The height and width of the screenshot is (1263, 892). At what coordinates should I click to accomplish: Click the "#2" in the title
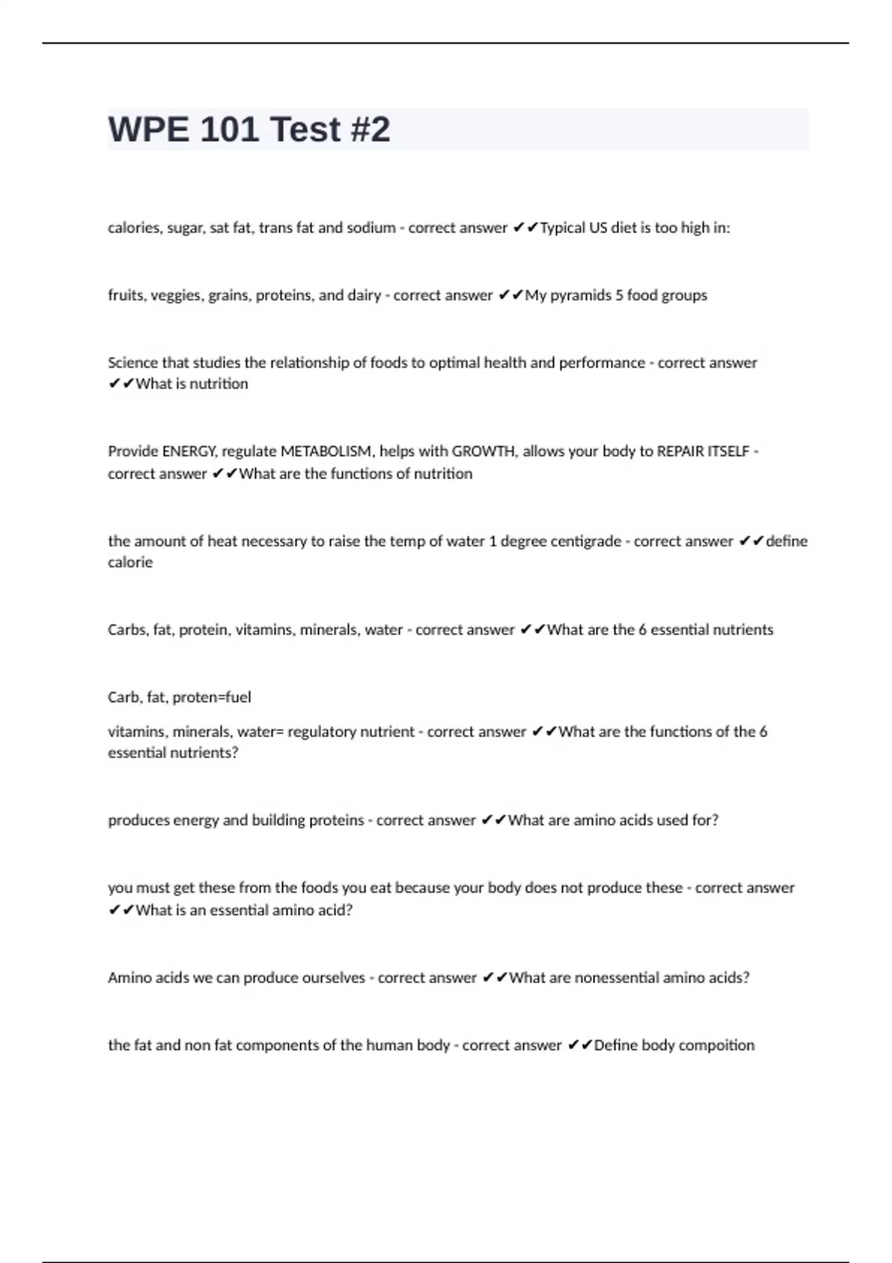(369, 129)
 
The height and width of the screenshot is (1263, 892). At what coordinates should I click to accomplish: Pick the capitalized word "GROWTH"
(483, 452)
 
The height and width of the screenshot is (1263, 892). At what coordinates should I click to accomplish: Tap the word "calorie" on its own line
(130, 562)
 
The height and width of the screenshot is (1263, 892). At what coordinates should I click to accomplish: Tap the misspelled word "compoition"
(717, 1045)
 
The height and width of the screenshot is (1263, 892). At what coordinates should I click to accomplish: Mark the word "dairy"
(364, 296)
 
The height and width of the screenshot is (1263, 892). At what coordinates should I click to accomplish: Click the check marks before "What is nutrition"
(121, 384)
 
